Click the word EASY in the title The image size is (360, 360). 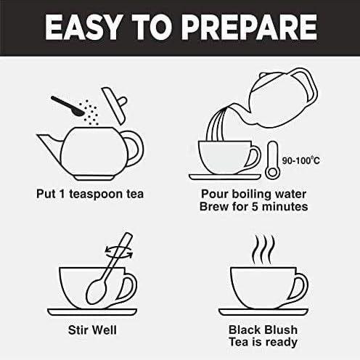click(x=83, y=28)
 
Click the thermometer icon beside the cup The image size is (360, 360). click(x=273, y=160)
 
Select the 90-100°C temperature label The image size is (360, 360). click(x=301, y=160)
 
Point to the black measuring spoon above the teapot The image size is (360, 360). click(x=67, y=106)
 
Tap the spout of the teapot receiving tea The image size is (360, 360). click(x=49, y=145)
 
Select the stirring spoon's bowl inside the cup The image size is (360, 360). click(x=96, y=291)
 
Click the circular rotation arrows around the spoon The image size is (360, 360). click(x=119, y=253)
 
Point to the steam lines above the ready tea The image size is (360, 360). click(x=263, y=250)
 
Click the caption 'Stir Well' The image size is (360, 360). click(x=92, y=330)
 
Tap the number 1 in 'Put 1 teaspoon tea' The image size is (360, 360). click(x=62, y=194)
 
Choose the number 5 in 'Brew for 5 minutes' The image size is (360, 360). click(x=254, y=207)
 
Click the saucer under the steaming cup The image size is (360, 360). click(x=263, y=312)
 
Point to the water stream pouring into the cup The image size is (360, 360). click(x=217, y=124)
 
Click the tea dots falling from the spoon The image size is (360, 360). click(x=89, y=112)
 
